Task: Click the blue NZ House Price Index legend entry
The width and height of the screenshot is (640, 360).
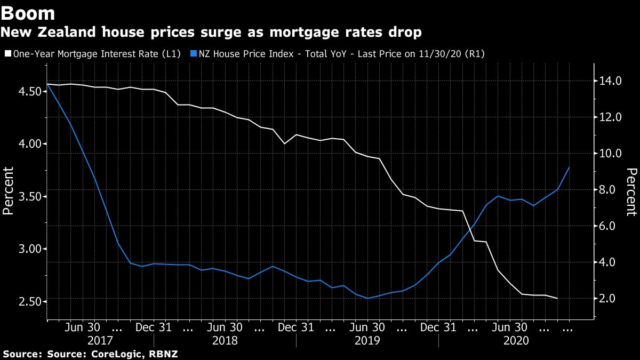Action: click(x=341, y=53)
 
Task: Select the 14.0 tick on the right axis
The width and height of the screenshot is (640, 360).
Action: click(x=611, y=81)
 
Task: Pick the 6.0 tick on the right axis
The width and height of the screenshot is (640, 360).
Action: click(x=611, y=226)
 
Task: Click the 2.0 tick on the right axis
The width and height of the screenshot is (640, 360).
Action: click(x=611, y=298)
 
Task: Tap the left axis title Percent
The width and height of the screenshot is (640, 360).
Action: click(x=8, y=190)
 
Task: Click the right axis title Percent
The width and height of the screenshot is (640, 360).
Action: click(x=631, y=192)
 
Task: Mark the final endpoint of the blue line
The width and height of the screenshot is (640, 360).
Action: click(x=570, y=167)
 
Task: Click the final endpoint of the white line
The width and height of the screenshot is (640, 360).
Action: click(x=558, y=298)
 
